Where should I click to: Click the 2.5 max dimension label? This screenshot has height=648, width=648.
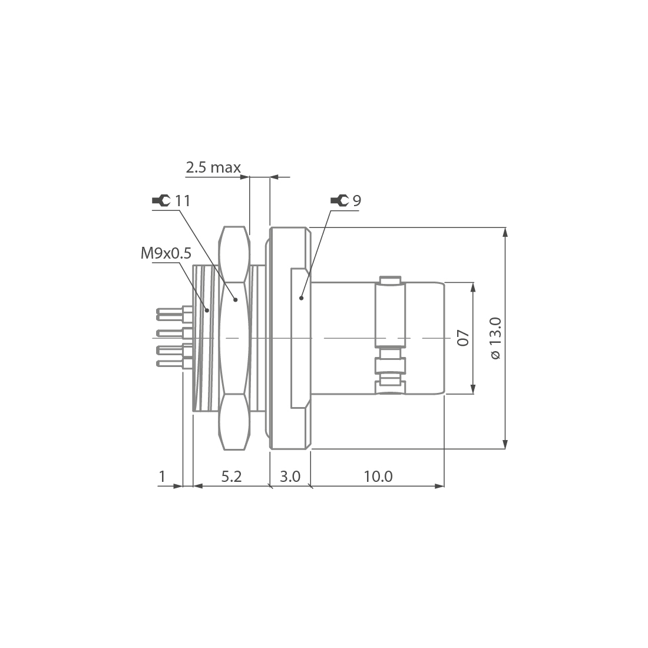tap(213, 168)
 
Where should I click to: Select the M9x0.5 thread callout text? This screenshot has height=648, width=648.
tap(166, 253)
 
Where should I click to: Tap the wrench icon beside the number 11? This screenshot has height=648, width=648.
tap(160, 201)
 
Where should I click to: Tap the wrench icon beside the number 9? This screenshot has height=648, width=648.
tap(339, 201)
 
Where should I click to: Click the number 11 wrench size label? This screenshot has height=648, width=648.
tap(183, 201)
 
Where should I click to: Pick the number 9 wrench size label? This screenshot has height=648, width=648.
tap(356, 201)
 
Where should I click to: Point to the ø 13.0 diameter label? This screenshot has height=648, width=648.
tap(495, 338)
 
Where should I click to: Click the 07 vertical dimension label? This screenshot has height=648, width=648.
tap(463, 338)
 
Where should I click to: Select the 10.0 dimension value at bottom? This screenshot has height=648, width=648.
tap(378, 476)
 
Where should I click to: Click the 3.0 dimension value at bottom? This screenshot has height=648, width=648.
tap(290, 476)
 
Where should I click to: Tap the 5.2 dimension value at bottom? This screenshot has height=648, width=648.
tap(232, 476)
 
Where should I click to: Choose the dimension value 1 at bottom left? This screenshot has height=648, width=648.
tap(163, 476)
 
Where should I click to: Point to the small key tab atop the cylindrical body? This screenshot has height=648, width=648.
tap(391, 279)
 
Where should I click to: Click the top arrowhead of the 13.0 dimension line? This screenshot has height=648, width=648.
tap(505, 232)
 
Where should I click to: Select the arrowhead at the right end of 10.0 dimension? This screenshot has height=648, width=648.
tap(439, 486)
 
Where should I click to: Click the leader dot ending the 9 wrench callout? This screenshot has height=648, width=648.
tap(301, 299)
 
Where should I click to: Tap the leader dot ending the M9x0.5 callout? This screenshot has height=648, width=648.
tap(207, 310)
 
